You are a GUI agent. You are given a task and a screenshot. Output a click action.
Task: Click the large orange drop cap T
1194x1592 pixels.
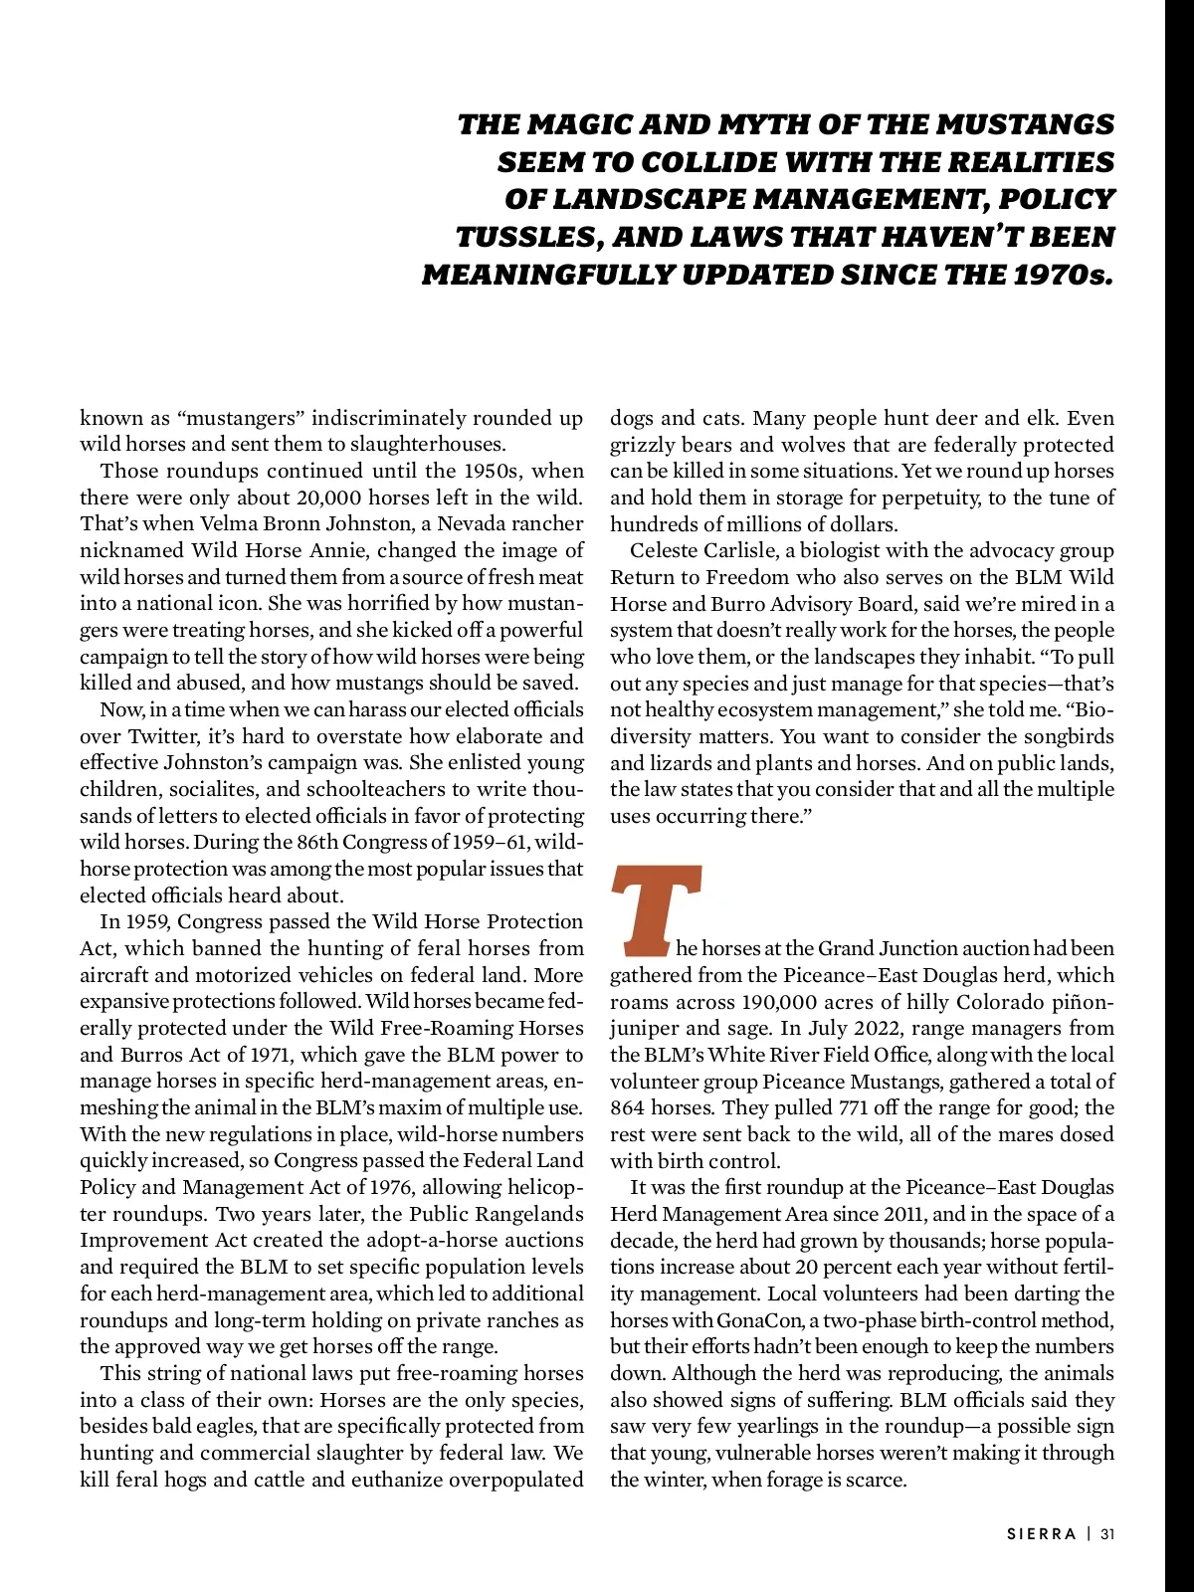tap(657, 905)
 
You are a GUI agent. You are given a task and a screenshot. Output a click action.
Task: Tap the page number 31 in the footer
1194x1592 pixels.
tap(1107, 1533)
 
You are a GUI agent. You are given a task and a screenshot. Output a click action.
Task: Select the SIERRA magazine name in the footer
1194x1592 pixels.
tap(1042, 1533)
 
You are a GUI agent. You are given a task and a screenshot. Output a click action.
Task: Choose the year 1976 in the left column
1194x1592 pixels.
tap(397, 1187)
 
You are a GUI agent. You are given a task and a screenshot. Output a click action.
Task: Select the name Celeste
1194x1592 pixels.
tap(667, 550)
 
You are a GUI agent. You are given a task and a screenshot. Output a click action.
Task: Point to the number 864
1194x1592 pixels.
tap(629, 1107)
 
